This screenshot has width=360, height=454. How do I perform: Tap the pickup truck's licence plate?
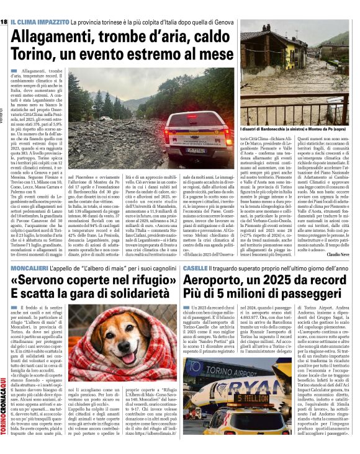[196, 150]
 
